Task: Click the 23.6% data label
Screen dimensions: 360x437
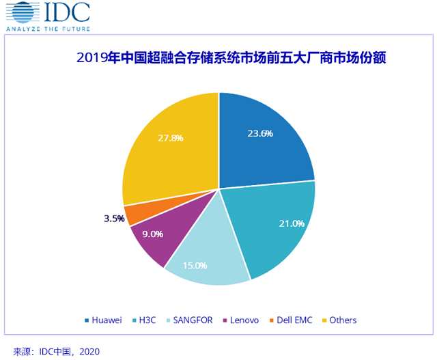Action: click(x=260, y=133)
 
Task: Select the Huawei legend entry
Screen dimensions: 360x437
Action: click(x=107, y=320)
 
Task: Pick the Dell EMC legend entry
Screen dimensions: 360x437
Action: click(x=294, y=320)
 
